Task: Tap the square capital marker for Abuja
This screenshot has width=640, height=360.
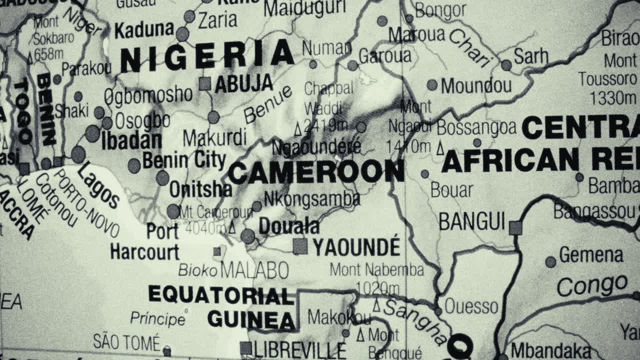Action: coord(204,84)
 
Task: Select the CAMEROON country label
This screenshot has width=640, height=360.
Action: coord(316,172)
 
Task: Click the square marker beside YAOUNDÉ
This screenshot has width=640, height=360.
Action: coord(300,246)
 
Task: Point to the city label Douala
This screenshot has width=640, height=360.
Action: coord(289,226)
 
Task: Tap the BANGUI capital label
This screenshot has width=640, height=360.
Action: coord(471,221)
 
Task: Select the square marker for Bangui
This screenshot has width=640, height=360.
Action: coord(515,228)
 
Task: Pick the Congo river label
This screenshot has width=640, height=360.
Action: coord(592,285)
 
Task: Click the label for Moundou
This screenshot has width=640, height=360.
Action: coord(476,85)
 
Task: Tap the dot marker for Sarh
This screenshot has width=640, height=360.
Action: coord(506,65)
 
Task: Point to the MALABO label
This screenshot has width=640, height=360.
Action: coord(254,270)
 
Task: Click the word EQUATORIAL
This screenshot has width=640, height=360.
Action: coord(220,295)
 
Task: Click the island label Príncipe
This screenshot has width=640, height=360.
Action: coord(157,318)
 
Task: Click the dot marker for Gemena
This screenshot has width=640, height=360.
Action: coord(550,262)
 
